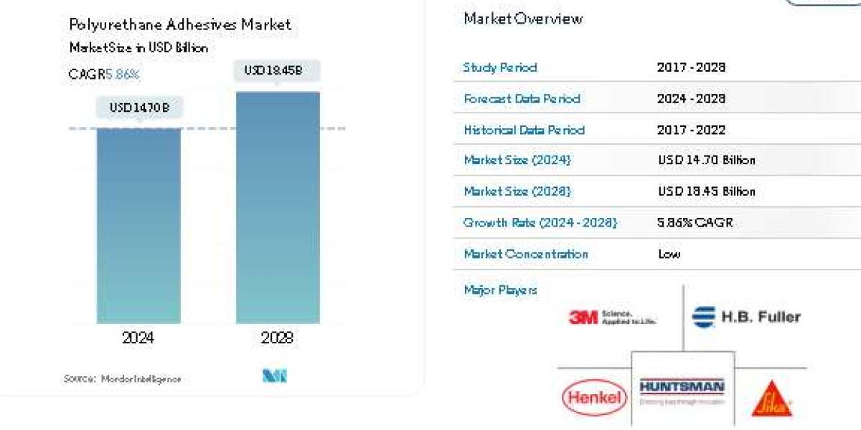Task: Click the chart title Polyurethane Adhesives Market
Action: coord(180,24)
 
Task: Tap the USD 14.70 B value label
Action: coord(139,108)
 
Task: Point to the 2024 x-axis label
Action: coord(138,338)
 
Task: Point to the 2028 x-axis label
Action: coord(278,338)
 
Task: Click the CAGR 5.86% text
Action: coord(104,74)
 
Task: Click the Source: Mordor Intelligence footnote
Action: coord(122,378)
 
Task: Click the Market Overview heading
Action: coord(523,19)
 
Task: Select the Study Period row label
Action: coord(500,67)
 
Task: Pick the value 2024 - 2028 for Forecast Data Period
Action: coord(691,98)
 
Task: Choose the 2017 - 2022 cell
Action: coord(691,130)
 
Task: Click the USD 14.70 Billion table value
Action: coord(707,161)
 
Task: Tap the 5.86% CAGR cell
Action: coord(694,223)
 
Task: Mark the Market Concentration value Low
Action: coord(669,254)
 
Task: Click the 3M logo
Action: coord(612,317)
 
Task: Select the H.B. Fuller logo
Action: coord(746,317)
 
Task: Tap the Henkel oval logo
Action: coord(593,397)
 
